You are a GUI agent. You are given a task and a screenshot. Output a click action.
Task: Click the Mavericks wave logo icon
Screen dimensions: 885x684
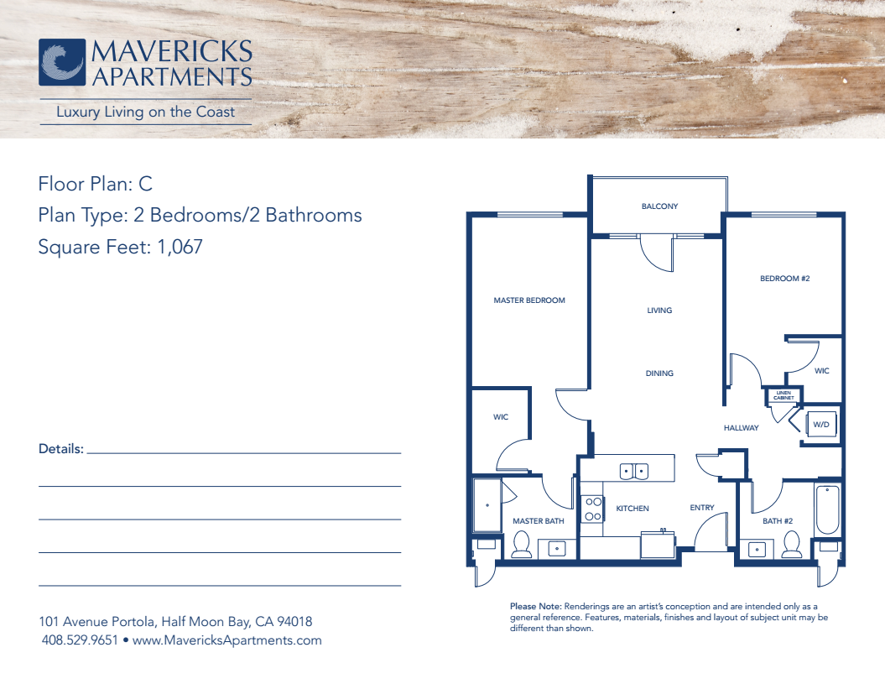pyautogui.click(x=62, y=62)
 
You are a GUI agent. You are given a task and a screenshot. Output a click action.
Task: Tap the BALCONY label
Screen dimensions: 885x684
pyautogui.click(x=660, y=206)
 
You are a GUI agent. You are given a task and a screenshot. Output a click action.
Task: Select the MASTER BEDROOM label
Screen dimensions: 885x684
pyautogui.click(x=529, y=300)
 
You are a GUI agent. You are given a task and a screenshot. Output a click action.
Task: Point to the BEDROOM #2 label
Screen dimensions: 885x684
pyautogui.click(x=784, y=279)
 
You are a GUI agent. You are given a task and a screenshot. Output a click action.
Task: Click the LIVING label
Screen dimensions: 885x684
pyautogui.click(x=659, y=310)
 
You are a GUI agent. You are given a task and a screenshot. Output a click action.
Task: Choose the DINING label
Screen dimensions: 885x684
pyautogui.click(x=659, y=373)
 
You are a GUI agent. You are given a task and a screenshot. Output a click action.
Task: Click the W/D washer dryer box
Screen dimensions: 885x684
pyautogui.click(x=821, y=424)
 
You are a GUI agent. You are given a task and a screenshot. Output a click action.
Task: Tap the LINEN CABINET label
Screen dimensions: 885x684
pyautogui.click(x=783, y=394)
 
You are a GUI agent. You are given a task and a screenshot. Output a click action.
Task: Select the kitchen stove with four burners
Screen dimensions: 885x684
pyautogui.click(x=592, y=509)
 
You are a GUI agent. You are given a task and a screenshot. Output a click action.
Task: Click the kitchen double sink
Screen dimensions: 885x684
pyautogui.click(x=634, y=471)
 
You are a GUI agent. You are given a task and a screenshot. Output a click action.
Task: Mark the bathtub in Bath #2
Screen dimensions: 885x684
pyautogui.click(x=827, y=509)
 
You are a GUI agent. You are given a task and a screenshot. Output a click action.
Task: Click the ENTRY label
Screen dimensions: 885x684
pyautogui.click(x=701, y=508)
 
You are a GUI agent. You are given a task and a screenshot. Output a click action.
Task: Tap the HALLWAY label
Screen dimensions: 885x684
pyautogui.click(x=741, y=428)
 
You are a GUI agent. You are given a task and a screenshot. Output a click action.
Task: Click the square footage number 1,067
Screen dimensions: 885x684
pyautogui.click(x=180, y=247)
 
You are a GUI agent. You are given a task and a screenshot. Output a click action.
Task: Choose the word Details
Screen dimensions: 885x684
pyautogui.click(x=61, y=449)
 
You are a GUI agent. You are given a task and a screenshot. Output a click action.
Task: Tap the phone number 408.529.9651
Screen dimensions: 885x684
pyautogui.click(x=80, y=640)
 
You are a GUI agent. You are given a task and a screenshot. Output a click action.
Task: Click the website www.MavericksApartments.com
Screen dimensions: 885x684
pyautogui.click(x=226, y=640)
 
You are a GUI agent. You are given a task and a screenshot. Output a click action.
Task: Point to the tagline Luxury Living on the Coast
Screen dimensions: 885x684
pyautogui.click(x=146, y=112)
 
